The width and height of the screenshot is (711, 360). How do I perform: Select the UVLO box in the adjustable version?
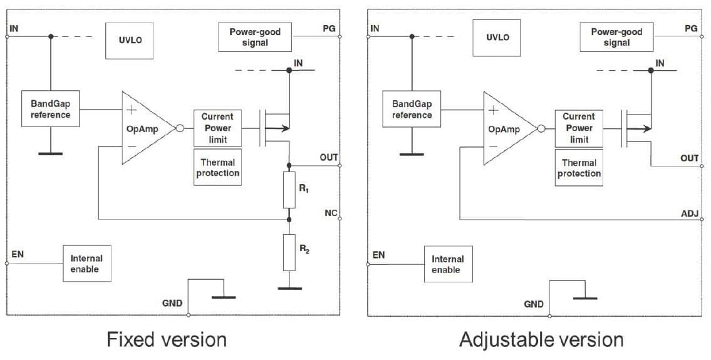pos(498,37)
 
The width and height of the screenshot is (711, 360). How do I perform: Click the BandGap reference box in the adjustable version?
pos(412,109)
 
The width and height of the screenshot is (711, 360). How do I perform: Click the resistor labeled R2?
pos(289,252)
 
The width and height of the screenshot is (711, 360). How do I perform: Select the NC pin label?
pos(330,213)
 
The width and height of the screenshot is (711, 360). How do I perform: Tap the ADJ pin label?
pos(689,213)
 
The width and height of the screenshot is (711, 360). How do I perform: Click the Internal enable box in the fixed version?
pos(86,263)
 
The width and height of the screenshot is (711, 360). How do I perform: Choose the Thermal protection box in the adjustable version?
pos(579,168)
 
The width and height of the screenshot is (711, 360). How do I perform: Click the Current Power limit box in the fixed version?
pos(217,128)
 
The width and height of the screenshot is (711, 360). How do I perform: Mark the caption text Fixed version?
pos(167,339)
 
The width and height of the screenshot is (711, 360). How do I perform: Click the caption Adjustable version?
pos(541,339)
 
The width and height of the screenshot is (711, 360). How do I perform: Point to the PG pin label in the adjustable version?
pos(691,28)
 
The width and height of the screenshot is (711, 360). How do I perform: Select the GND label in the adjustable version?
pos(534,304)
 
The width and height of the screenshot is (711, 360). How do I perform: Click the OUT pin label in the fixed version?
pos(329,157)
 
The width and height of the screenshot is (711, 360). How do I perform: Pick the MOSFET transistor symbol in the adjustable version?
pos(636,128)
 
